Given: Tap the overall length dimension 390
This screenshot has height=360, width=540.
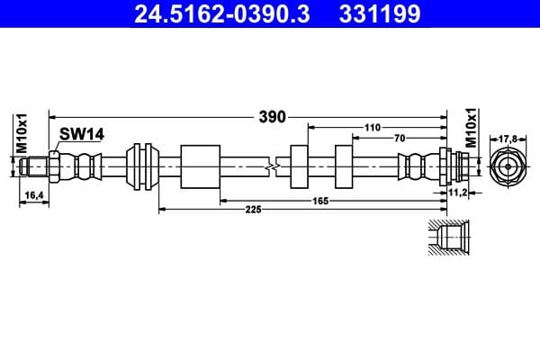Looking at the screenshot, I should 272,116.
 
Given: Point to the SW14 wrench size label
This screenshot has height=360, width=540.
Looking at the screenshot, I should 82,134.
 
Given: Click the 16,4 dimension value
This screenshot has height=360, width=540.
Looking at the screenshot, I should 32,193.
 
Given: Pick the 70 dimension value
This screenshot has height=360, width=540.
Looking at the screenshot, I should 398,139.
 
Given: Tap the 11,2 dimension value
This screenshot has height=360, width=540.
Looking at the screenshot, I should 459,193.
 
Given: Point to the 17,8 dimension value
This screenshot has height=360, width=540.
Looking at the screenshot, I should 508,139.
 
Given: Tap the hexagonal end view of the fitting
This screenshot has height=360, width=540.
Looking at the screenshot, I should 508,166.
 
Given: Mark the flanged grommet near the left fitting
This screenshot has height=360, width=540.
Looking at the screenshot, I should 141,166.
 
